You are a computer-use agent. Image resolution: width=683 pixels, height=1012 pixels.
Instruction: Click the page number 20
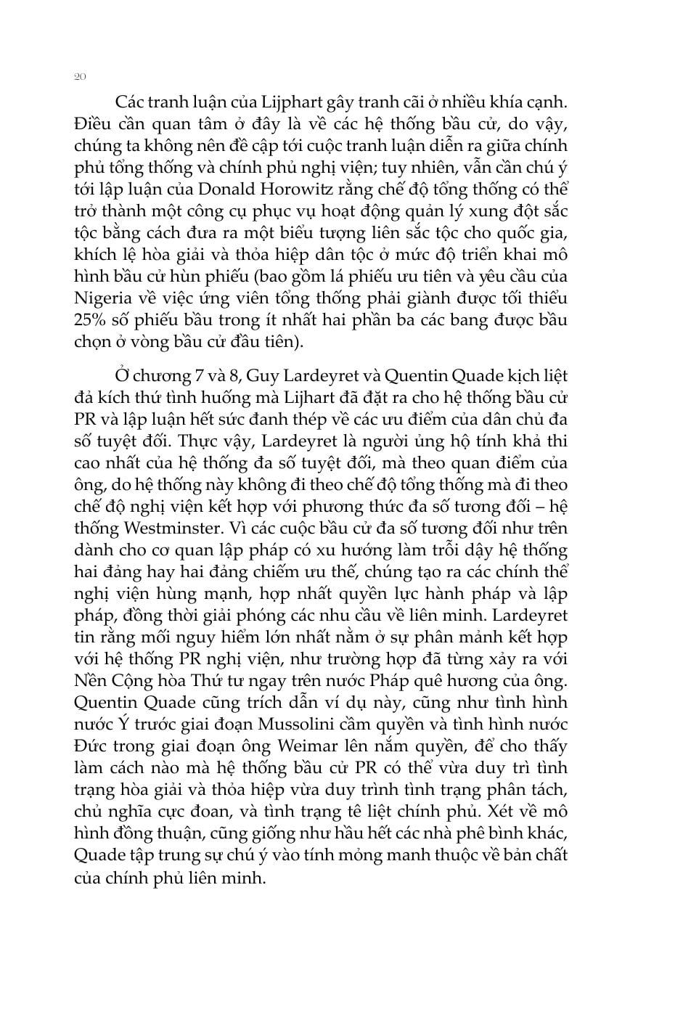pyautogui.click(x=81, y=76)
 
